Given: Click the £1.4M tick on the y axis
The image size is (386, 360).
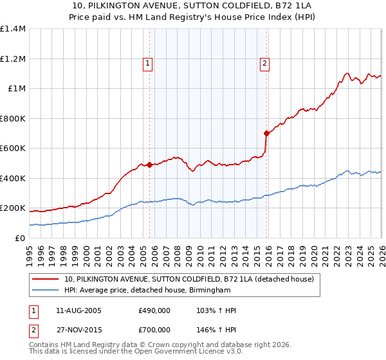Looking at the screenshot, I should (13, 29).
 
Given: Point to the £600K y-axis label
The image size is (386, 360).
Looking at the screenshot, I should (13, 148).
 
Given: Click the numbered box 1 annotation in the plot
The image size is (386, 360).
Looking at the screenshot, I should (148, 63).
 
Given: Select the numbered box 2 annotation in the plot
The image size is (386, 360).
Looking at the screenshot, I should (264, 63).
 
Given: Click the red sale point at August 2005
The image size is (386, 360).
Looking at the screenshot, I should (150, 165).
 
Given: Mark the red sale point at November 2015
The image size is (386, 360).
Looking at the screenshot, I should (267, 133).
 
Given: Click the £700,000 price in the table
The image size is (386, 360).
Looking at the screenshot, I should (154, 330).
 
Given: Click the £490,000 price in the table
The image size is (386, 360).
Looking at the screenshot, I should (154, 310).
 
